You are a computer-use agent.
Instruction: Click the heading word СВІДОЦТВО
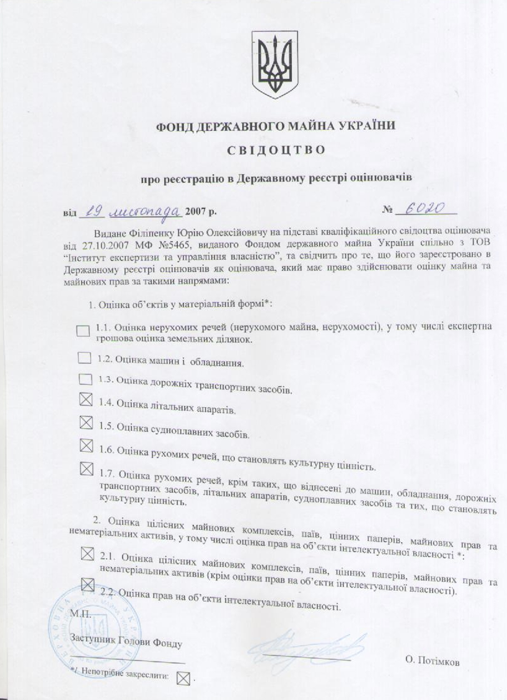pyautogui.click(x=276, y=150)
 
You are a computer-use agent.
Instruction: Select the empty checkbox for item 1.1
pyautogui.click(x=83, y=331)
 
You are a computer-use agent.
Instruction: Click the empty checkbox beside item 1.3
pyautogui.click(x=85, y=379)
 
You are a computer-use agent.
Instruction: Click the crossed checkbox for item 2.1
pyautogui.click(x=87, y=554)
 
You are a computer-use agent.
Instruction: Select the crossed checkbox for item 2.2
pyautogui.click(x=87, y=583)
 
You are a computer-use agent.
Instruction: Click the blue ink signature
pyautogui.click(x=308, y=649)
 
